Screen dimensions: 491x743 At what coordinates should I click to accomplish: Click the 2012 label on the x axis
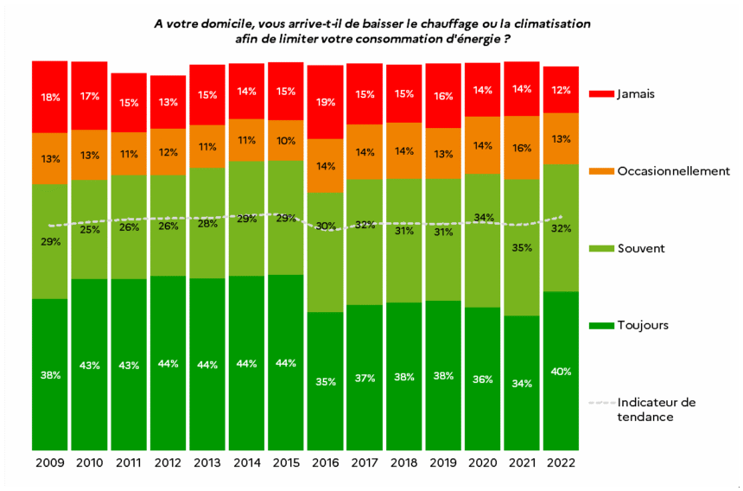[x=168, y=463]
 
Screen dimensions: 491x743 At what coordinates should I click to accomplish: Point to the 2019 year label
[x=442, y=463]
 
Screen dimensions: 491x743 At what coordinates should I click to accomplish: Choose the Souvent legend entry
[x=643, y=249]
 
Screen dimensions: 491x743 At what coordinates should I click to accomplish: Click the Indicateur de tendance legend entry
[x=657, y=410]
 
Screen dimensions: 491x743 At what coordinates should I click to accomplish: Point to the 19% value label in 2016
[x=325, y=102]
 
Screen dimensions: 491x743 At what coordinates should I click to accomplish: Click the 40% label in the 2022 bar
[x=561, y=372]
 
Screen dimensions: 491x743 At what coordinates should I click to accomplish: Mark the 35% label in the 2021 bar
[x=521, y=248]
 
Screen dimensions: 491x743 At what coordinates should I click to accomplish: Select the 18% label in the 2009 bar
[x=50, y=98]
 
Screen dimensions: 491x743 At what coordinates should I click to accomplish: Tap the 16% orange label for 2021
[x=521, y=148]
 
